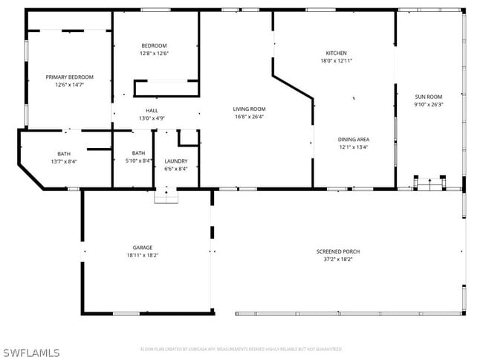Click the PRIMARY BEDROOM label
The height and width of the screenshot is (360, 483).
(x=69, y=77)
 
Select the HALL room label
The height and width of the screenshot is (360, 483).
(x=152, y=110)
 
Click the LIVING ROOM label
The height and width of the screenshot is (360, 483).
(x=249, y=109)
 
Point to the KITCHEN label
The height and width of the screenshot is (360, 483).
(x=336, y=53)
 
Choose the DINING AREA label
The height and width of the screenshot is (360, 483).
(x=353, y=139)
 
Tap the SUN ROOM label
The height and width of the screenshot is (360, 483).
(x=428, y=97)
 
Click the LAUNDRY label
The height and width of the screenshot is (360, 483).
(x=176, y=161)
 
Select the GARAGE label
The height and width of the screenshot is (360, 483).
(x=143, y=248)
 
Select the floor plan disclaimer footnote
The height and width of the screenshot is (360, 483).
(x=241, y=349)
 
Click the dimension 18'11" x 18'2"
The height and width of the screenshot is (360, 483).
(x=143, y=255)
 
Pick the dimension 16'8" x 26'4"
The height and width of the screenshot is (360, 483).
(x=249, y=117)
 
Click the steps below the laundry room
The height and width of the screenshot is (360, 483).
(x=166, y=195)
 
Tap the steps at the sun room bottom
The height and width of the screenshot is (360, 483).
(x=428, y=183)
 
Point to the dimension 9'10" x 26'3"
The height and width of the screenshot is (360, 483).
(x=428, y=105)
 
